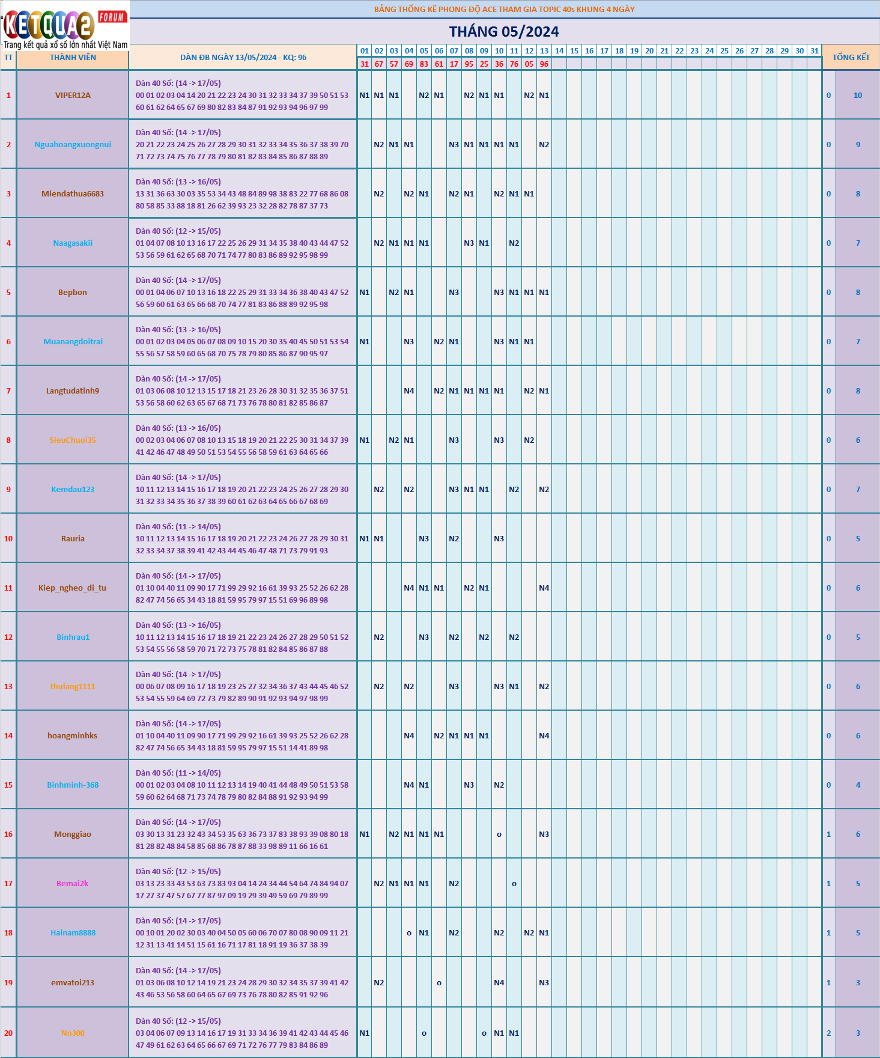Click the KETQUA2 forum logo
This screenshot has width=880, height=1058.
pos(65,25)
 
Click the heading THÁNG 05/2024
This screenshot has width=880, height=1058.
pos(503,32)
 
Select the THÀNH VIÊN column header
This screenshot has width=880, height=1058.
pos(73,58)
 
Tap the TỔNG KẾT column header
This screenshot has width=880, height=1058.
pos(851,57)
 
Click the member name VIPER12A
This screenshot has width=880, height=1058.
pos(73,95)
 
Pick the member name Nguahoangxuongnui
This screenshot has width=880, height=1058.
pos(73,144)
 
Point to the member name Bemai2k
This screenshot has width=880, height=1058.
pos(72,883)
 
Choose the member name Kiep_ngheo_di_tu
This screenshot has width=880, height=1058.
pos(72,588)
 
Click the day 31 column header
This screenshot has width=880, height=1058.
pos(814,51)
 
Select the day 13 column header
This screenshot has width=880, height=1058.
pos(544,51)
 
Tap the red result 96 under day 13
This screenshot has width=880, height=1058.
pos(544,64)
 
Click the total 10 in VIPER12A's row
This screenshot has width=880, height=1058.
pos(857,95)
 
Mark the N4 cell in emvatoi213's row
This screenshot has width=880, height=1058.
pos(499,982)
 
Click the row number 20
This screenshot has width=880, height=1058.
pos(8,1033)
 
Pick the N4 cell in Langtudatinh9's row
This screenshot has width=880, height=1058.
pos(408,391)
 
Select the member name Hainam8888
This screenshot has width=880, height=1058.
pos(73,932)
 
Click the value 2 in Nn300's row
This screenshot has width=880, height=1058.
pos(828,1033)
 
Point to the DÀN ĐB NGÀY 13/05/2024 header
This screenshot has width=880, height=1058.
pos(243,58)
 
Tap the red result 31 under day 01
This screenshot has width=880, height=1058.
pos(364,64)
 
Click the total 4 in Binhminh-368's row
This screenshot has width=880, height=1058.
pos(857,785)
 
